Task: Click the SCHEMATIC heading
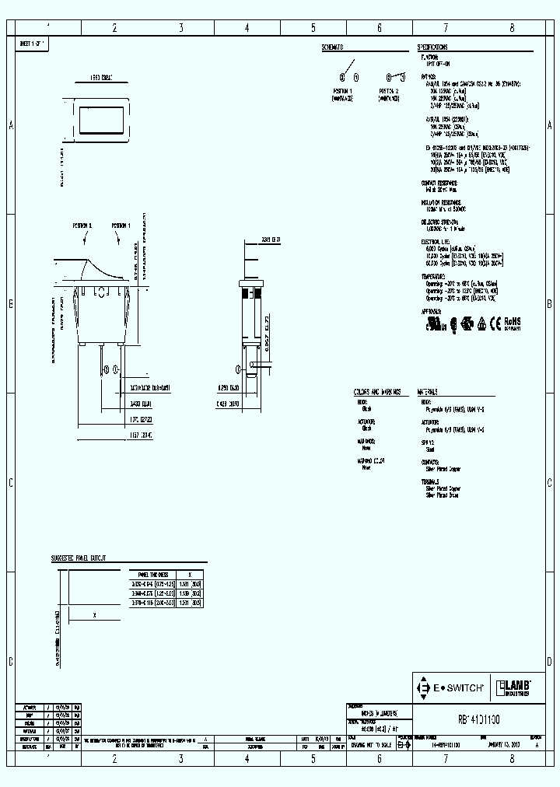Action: (x=332, y=47)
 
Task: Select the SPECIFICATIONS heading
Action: (x=438, y=47)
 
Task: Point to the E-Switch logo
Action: (x=451, y=688)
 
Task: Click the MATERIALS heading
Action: (x=428, y=392)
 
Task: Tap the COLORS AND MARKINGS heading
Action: (x=379, y=392)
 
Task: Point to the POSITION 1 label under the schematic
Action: (x=343, y=91)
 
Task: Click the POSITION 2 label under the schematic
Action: (x=390, y=91)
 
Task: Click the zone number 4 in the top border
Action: (x=247, y=28)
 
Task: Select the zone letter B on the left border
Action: (x=11, y=304)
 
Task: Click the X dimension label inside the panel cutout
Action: (x=95, y=614)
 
